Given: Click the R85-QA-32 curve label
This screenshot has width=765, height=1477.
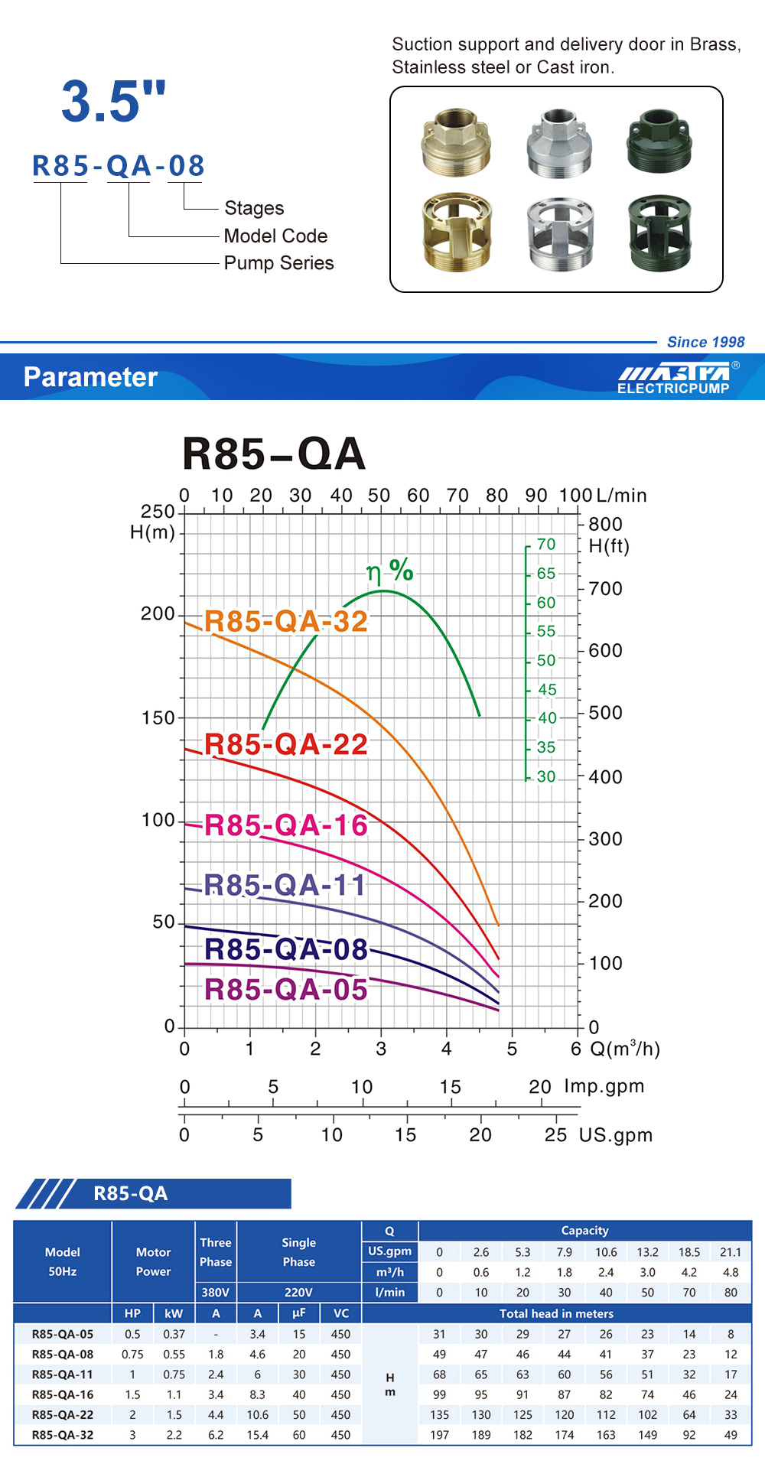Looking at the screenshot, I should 286,621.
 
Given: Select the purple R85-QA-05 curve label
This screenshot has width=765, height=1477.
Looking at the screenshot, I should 286,990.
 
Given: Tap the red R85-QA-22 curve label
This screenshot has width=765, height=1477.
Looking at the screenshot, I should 286,744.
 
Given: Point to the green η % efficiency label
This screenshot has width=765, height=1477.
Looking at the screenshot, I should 389,571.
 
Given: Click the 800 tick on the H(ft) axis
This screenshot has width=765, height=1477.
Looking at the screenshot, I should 605,524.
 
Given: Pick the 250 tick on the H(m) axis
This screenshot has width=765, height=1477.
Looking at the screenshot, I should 158,511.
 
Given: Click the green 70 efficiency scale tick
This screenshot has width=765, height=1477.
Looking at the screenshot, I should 546,544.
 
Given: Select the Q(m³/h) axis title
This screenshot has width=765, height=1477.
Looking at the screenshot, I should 625,1049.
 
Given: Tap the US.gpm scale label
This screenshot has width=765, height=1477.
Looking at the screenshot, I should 616,1135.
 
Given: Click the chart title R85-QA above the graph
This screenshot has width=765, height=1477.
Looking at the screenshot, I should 274,454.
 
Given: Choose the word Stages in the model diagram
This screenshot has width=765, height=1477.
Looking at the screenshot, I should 254,208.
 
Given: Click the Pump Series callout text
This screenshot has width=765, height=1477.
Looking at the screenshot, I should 278,263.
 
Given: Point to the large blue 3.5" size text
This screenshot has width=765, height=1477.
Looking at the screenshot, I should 113,101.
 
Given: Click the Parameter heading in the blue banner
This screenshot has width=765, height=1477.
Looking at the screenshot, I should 90,377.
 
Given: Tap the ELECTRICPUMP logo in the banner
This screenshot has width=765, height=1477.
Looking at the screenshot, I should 673,379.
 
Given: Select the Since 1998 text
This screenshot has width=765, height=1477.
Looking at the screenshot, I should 705,342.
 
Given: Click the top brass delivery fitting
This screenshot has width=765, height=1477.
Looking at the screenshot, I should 457,142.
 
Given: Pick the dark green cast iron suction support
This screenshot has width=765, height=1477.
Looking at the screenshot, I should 659,233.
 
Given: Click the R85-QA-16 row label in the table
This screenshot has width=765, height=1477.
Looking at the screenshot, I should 63,1394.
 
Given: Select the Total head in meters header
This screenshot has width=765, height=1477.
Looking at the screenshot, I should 556,1313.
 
